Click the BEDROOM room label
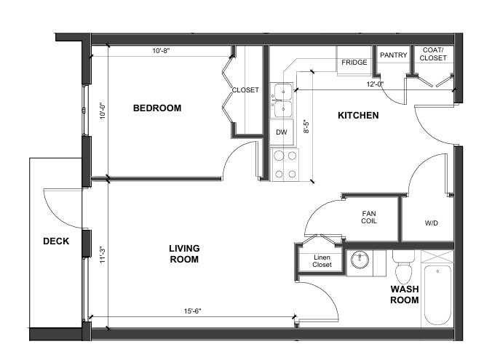click(x=157, y=108)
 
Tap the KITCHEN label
click(x=358, y=116)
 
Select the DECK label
click(x=56, y=241)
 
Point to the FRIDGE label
click(x=354, y=63)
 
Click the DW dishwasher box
click(x=282, y=132)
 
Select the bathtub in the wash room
click(x=437, y=295)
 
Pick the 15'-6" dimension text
click(x=193, y=311)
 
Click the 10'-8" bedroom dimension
click(x=161, y=51)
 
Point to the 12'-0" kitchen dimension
click(x=375, y=84)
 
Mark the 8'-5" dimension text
click(x=306, y=127)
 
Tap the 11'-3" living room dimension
click(x=103, y=255)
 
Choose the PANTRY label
click(x=393, y=55)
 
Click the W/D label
click(x=431, y=223)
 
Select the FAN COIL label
click(x=369, y=217)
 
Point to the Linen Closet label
click(x=322, y=261)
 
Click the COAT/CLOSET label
click(x=433, y=54)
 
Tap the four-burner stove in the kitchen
click(x=285, y=165)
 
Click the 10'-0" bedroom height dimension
click(x=103, y=111)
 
